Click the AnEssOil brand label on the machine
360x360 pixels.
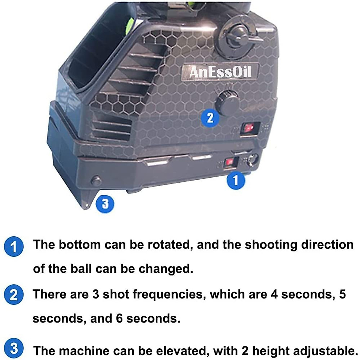pos(220,72)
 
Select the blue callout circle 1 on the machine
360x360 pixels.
pos(235,180)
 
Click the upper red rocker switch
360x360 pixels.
pos(249,128)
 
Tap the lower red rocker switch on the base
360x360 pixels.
pos(230,162)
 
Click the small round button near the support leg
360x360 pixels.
pos(96,181)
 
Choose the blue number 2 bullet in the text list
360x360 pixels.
pos(13,295)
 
